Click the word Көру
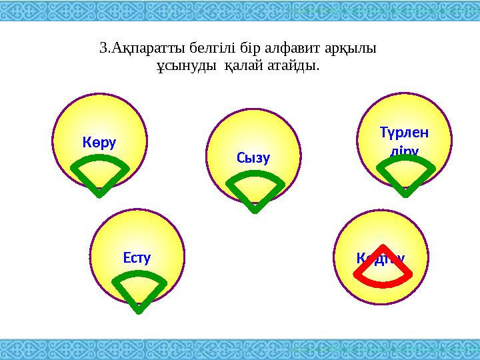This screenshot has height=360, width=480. pos(99,142)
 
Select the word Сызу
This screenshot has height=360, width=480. pos(253,158)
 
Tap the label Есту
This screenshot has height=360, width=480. pos(137,256)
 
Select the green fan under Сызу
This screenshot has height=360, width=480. pos(255,188)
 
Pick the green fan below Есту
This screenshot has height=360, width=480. pos(139,289)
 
